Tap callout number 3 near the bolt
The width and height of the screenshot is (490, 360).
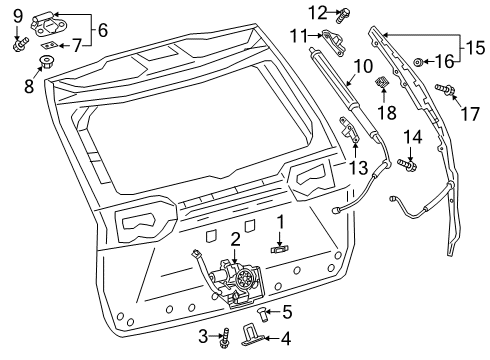click(x=202, y=334)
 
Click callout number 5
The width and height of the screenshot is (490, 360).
click(x=258, y=311)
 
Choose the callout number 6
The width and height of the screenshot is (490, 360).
click(x=102, y=29)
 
